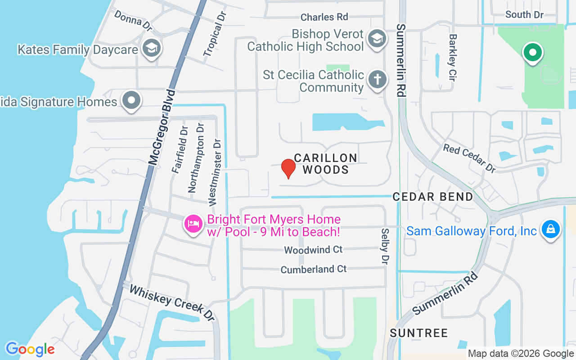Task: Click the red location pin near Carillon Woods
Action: (288, 169)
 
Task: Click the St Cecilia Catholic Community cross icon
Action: (377, 80)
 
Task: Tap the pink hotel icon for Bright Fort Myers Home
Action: (193, 224)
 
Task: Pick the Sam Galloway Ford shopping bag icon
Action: (550, 229)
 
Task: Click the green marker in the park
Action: (532, 53)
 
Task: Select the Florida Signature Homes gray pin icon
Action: (131, 101)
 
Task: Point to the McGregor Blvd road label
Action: (161, 127)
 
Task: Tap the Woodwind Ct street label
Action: (313, 249)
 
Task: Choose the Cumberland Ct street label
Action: (314, 269)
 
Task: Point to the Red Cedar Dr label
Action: (469, 158)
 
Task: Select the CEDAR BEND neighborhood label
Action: (433, 197)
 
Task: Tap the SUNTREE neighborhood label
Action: (419, 333)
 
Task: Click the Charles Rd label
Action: (324, 17)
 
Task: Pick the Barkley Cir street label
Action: (453, 58)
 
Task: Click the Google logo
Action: (30, 349)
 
